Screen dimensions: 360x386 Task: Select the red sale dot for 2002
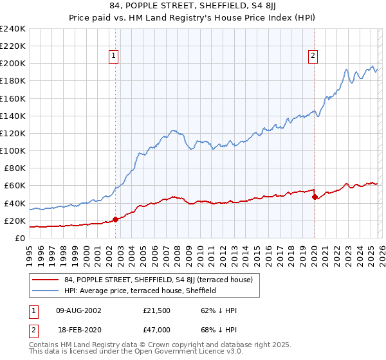point(115,219)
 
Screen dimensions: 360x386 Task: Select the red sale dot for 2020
point(315,197)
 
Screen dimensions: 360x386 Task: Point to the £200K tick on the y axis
point(13,64)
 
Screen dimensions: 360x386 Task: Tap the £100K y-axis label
point(13,150)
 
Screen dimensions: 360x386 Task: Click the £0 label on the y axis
point(19,238)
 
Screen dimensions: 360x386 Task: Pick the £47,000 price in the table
point(156,329)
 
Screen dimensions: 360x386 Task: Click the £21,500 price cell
point(156,310)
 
